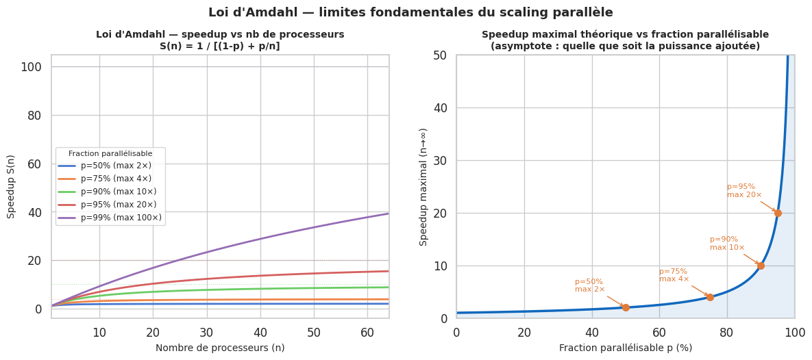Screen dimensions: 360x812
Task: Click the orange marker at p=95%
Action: coord(778,213)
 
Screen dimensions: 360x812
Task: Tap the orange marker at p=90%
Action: coord(761,266)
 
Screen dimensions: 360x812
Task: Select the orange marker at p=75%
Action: coord(710,297)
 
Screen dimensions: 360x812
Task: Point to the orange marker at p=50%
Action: coord(626,307)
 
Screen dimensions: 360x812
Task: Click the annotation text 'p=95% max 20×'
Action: coord(744,191)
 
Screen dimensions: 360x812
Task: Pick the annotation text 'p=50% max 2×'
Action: coord(589,285)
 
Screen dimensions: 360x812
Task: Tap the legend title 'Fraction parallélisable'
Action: coord(110,154)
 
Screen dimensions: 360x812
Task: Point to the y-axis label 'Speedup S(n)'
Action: coord(11,186)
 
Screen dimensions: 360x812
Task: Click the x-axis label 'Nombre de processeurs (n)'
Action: coord(220,348)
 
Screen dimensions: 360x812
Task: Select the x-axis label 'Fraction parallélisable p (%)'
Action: coord(626,348)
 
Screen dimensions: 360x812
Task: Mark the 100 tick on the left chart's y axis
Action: coord(32,67)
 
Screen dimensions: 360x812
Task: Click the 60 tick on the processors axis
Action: coord(367,333)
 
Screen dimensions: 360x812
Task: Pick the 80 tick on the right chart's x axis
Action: coord(727,333)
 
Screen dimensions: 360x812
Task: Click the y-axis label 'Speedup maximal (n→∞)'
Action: coord(423,186)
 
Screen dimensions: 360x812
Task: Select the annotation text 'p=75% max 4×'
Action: coord(674,275)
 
